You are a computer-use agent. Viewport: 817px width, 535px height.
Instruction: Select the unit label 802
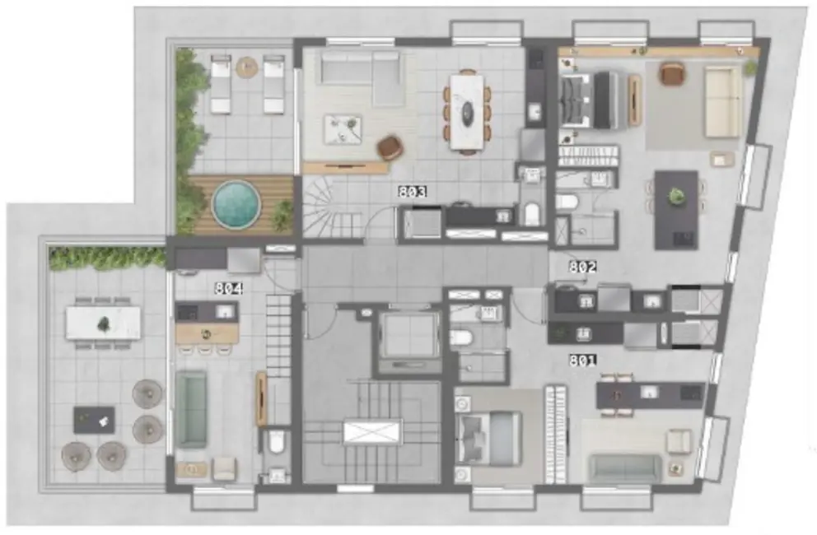(x=582, y=267)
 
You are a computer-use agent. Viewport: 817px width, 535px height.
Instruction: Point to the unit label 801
(x=582, y=359)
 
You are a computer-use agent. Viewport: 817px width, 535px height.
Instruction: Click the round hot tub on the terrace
(x=236, y=203)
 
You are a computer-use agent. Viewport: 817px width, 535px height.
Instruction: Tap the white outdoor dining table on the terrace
(x=104, y=322)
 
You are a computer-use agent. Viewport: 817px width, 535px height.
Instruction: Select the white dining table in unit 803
(x=466, y=110)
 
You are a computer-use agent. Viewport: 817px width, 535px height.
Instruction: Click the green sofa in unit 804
(x=191, y=409)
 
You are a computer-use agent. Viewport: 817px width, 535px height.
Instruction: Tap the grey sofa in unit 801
(x=625, y=468)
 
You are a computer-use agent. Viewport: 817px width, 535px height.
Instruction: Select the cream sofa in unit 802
(x=722, y=102)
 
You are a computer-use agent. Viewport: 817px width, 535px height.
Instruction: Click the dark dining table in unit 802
(x=676, y=209)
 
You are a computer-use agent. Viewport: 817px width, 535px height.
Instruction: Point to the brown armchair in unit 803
(x=390, y=147)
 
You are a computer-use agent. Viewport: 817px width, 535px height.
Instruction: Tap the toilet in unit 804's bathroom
(x=277, y=443)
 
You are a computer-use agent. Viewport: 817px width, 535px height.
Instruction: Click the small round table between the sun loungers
(x=246, y=67)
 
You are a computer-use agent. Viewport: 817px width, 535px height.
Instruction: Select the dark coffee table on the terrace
(x=94, y=420)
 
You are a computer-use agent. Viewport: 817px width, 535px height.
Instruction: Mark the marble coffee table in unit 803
(x=343, y=129)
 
